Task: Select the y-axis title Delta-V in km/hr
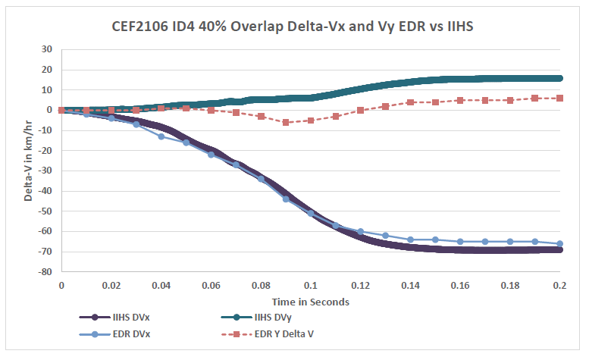tap(28, 160)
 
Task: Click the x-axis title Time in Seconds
tap(310, 301)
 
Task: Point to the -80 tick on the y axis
tap(45, 271)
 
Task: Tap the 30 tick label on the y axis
tap(47, 49)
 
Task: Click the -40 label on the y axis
tap(45, 191)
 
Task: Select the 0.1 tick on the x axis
tap(311, 286)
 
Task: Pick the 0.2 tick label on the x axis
tap(560, 286)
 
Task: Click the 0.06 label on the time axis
tap(211, 286)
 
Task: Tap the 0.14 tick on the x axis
tap(410, 286)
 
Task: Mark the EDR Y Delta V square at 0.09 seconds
tap(286, 122)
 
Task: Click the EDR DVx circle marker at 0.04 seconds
tap(161, 136)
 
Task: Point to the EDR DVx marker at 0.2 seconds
tap(560, 243)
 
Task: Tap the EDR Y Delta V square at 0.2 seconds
tap(560, 98)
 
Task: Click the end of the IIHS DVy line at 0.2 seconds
tap(560, 78)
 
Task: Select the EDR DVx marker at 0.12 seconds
tap(361, 231)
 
